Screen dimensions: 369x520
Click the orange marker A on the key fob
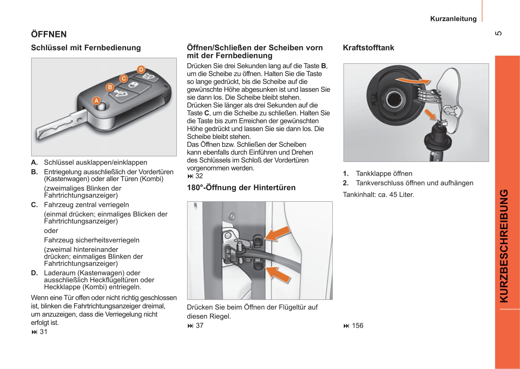click(x=97, y=101)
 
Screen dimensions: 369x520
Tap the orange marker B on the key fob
click(x=110, y=87)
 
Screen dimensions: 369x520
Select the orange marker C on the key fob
click(x=124, y=78)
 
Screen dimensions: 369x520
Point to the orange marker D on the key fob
click(x=141, y=69)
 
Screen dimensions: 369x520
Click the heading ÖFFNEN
click(x=49, y=34)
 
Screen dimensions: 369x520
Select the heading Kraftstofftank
click(x=368, y=48)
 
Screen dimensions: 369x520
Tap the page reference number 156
click(x=357, y=326)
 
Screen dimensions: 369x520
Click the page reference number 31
click(x=43, y=332)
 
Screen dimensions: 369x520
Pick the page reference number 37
click(x=199, y=326)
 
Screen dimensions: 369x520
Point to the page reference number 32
click(x=199, y=176)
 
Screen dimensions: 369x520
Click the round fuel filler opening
click(x=394, y=99)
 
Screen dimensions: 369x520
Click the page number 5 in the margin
click(x=499, y=33)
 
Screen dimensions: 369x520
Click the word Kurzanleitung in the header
click(x=453, y=19)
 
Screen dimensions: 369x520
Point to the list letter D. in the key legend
click(x=34, y=273)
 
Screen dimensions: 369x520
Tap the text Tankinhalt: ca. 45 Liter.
click(x=378, y=195)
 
